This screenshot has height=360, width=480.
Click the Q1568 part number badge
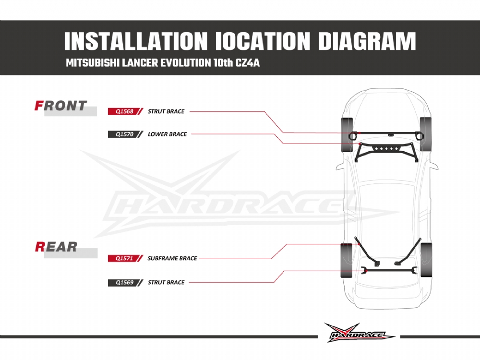(x=121, y=111)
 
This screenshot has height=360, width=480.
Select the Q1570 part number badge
(x=121, y=134)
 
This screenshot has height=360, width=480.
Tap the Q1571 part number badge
(x=121, y=258)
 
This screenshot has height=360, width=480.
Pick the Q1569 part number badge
(x=121, y=283)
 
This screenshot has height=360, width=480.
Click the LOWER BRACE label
(x=167, y=134)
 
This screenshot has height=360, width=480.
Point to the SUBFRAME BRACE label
(x=172, y=258)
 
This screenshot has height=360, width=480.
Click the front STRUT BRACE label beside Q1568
(x=166, y=111)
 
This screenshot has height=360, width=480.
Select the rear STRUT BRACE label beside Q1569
(x=166, y=283)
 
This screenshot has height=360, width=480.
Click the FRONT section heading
(x=61, y=106)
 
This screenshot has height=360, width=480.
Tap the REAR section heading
(x=56, y=247)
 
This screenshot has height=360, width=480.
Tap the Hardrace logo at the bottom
(x=359, y=332)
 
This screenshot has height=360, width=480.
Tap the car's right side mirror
(x=434, y=165)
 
